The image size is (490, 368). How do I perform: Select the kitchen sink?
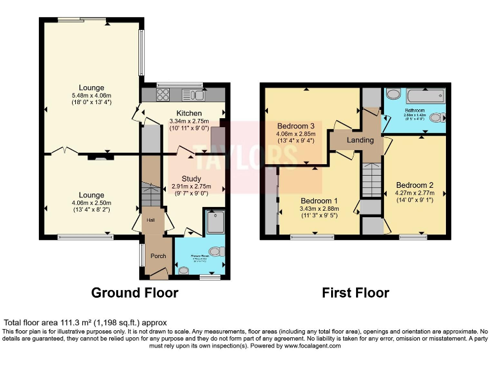(x=193, y=96)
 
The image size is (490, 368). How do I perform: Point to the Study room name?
(x=191, y=179)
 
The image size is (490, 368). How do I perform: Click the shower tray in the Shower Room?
(x=214, y=222)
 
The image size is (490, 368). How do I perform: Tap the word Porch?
(x=158, y=256)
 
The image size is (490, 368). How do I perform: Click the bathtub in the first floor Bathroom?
(x=424, y=96)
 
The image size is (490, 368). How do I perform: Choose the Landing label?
(x=360, y=140)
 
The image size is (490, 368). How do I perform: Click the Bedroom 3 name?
(x=295, y=126)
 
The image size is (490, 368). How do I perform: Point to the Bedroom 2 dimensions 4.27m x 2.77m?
(x=415, y=192)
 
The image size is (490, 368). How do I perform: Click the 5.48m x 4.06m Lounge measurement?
(x=91, y=96)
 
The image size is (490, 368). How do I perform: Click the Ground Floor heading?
(x=135, y=293)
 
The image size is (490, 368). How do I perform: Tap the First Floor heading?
(x=355, y=293)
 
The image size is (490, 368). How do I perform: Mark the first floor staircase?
(x=371, y=180)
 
